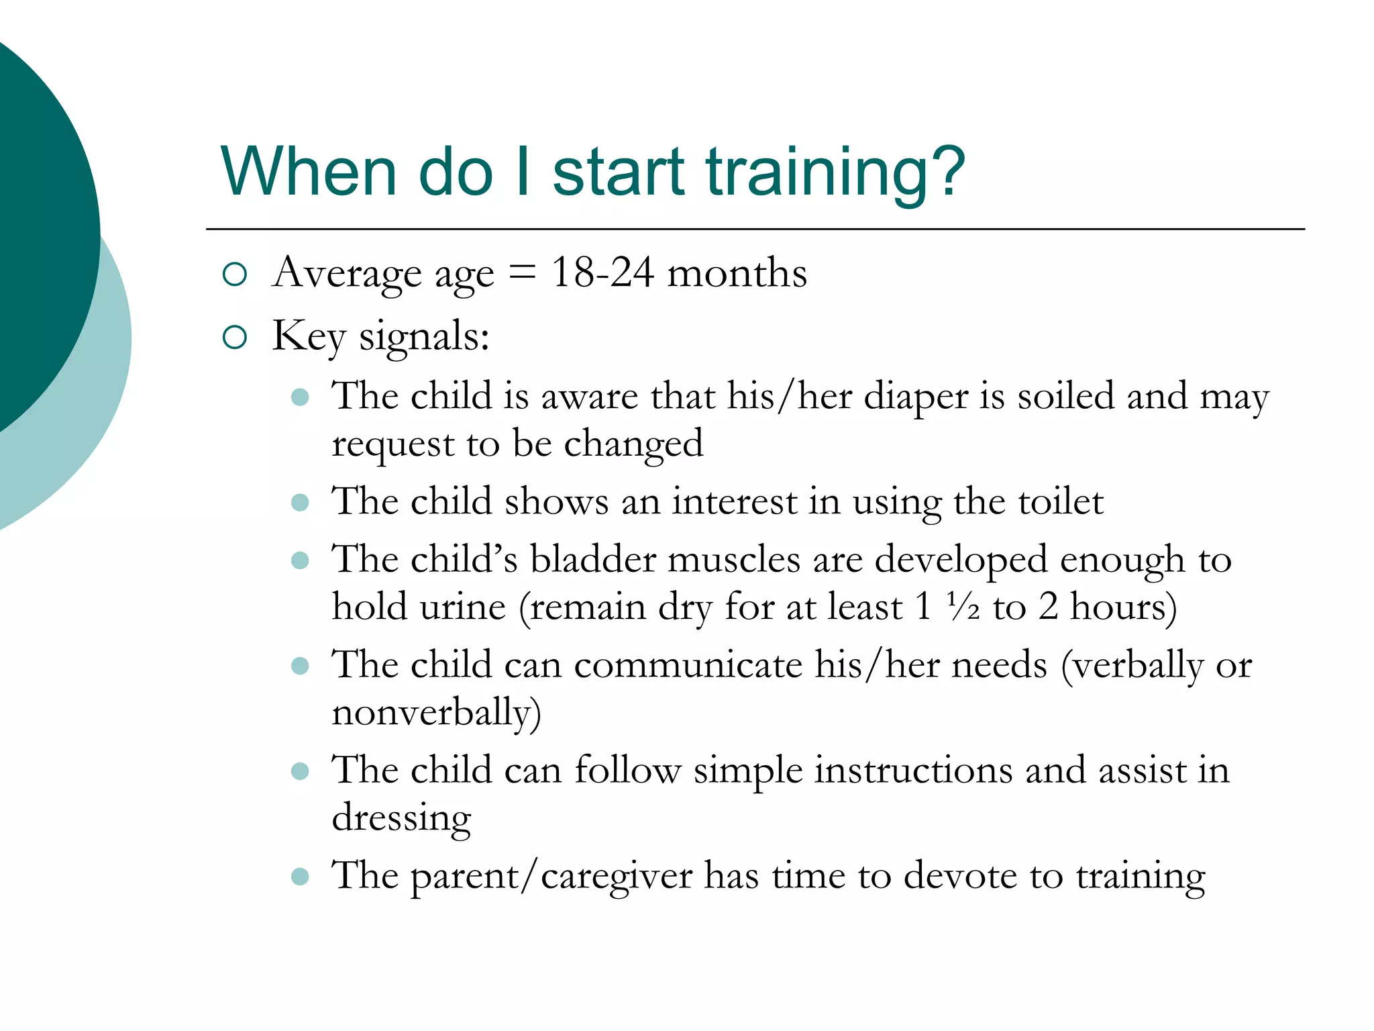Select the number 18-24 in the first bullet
(602, 273)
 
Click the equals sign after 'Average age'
(523, 274)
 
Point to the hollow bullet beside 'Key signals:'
(235, 337)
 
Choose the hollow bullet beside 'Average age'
(235, 274)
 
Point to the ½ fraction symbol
(963, 607)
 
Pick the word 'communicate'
(688, 665)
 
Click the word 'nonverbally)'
(436, 713)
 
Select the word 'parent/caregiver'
(551, 877)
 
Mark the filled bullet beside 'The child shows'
(300, 502)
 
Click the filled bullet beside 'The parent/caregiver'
(300, 876)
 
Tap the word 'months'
(737, 273)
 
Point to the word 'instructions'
(913, 771)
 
